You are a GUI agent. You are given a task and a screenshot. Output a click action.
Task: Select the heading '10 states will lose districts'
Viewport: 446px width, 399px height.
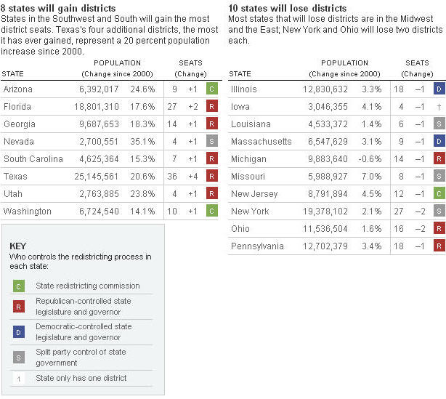pos(287,7)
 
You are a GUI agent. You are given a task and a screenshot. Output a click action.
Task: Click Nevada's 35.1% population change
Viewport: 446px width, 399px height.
pos(142,141)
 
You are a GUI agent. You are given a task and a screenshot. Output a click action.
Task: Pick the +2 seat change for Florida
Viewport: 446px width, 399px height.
pos(192,106)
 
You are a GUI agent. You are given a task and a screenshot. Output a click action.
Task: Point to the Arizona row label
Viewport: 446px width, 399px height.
pos(18,89)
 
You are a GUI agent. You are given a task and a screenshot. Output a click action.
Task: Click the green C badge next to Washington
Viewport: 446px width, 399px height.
pos(211,211)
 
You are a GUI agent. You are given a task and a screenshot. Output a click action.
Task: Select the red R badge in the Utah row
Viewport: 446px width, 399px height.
pos(211,193)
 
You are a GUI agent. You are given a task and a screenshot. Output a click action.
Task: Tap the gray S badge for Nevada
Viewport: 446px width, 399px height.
pos(211,141)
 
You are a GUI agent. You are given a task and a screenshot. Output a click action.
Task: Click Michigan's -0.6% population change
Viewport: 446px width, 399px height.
pos(370,158)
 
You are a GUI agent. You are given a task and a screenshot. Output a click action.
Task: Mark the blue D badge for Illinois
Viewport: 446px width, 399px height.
pos(439,89)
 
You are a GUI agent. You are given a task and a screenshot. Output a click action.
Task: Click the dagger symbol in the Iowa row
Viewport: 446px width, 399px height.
pos(439,106)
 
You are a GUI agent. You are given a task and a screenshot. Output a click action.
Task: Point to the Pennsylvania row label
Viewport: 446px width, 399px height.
pos(257,246)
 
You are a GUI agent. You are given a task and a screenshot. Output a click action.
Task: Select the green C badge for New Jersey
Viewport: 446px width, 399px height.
pos(439,193)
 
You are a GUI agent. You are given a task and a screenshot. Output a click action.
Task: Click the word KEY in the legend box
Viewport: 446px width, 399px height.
pos(18,246)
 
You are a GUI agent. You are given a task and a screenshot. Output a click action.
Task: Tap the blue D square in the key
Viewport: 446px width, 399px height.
pos(19,332)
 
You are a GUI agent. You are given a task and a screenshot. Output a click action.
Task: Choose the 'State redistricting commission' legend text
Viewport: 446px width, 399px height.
pos(88,286)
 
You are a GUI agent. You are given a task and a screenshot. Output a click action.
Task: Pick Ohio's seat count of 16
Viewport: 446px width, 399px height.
pos(398,228)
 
